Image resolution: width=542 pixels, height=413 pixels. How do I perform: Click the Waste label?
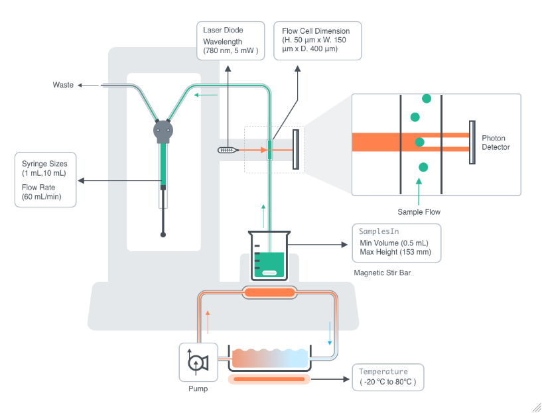point(63,85)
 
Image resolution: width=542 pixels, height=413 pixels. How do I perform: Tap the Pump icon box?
point(198,362)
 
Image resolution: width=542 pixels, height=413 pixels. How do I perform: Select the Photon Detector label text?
point(496,142)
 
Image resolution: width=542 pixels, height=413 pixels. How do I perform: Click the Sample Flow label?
point(419,212)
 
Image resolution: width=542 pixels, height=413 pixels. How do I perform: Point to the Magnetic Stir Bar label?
point(383,272)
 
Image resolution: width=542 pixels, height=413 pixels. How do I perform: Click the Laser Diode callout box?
point(230,40)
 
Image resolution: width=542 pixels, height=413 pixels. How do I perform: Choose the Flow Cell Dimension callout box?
point(318,40)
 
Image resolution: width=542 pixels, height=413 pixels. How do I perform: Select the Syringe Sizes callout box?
point(46,180)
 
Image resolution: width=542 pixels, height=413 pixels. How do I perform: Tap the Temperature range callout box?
point(387,377)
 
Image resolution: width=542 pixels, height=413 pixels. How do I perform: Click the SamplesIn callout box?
point(396,242)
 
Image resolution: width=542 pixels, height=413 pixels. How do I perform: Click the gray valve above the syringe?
point(163,131)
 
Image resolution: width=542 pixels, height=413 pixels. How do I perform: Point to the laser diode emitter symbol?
point(228,150)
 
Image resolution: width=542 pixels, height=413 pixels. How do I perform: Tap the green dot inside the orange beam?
point(419,142)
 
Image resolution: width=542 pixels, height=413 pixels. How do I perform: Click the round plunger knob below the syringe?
point(163,234)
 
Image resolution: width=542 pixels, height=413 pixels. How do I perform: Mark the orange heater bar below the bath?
point(269,379)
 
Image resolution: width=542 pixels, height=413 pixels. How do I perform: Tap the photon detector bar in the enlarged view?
point(472,142)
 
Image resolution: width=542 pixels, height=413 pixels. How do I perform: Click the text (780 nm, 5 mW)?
point(230,51)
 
